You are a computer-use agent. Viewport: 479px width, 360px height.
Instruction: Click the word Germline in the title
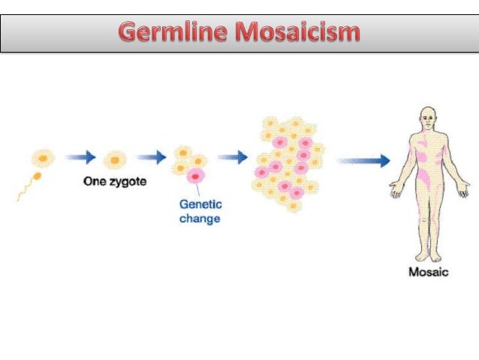point(177,34)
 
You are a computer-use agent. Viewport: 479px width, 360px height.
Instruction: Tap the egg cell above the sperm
point(43,159)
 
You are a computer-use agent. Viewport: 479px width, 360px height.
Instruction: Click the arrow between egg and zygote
point(80,158)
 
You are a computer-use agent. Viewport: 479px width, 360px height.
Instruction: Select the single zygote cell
point(115,159)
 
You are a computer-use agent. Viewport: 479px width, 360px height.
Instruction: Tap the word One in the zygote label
point(94,183)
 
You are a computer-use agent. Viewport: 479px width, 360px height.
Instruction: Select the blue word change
point(199,219)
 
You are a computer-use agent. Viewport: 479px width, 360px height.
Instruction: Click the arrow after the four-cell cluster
point(232,158)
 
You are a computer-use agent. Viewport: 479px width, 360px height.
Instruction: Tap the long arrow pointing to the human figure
point(363,160)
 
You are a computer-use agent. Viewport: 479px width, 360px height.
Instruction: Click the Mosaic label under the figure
point(428,272)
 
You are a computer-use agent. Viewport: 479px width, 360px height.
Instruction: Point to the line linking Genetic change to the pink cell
point(197,191)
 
